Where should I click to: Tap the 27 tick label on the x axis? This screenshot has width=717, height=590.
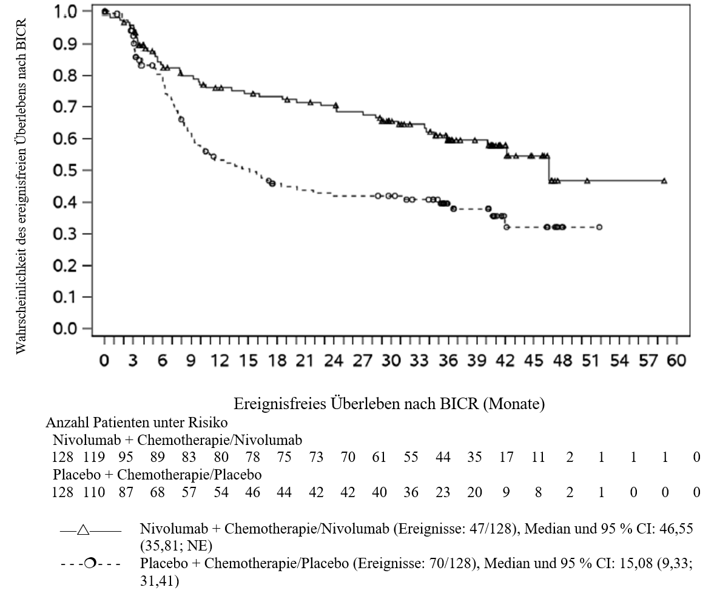click(x=362, y=361)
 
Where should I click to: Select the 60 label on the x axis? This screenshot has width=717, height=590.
click(x=676, y=361)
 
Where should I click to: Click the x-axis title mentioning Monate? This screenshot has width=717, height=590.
click(x=389, y=403)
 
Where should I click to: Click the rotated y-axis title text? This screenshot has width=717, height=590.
click(x=21, y=186)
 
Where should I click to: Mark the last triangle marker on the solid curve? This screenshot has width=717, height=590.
click(x=664, y=181)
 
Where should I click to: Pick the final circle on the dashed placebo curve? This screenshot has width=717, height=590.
click(x=599, y=227)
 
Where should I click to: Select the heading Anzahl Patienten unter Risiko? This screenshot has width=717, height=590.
click(x=136, y=422)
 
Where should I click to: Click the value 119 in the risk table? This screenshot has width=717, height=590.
click(x=94, y=457)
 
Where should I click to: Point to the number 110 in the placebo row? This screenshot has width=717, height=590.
click(x=94, y=492)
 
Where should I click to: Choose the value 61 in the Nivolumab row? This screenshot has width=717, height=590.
click(x=379, y=457)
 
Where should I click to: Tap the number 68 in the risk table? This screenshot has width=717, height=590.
click(x=157, y=492)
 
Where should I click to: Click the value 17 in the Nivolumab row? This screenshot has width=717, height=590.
click(x=506, y=457)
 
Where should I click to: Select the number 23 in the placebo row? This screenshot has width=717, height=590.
click(x=443, y=492)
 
